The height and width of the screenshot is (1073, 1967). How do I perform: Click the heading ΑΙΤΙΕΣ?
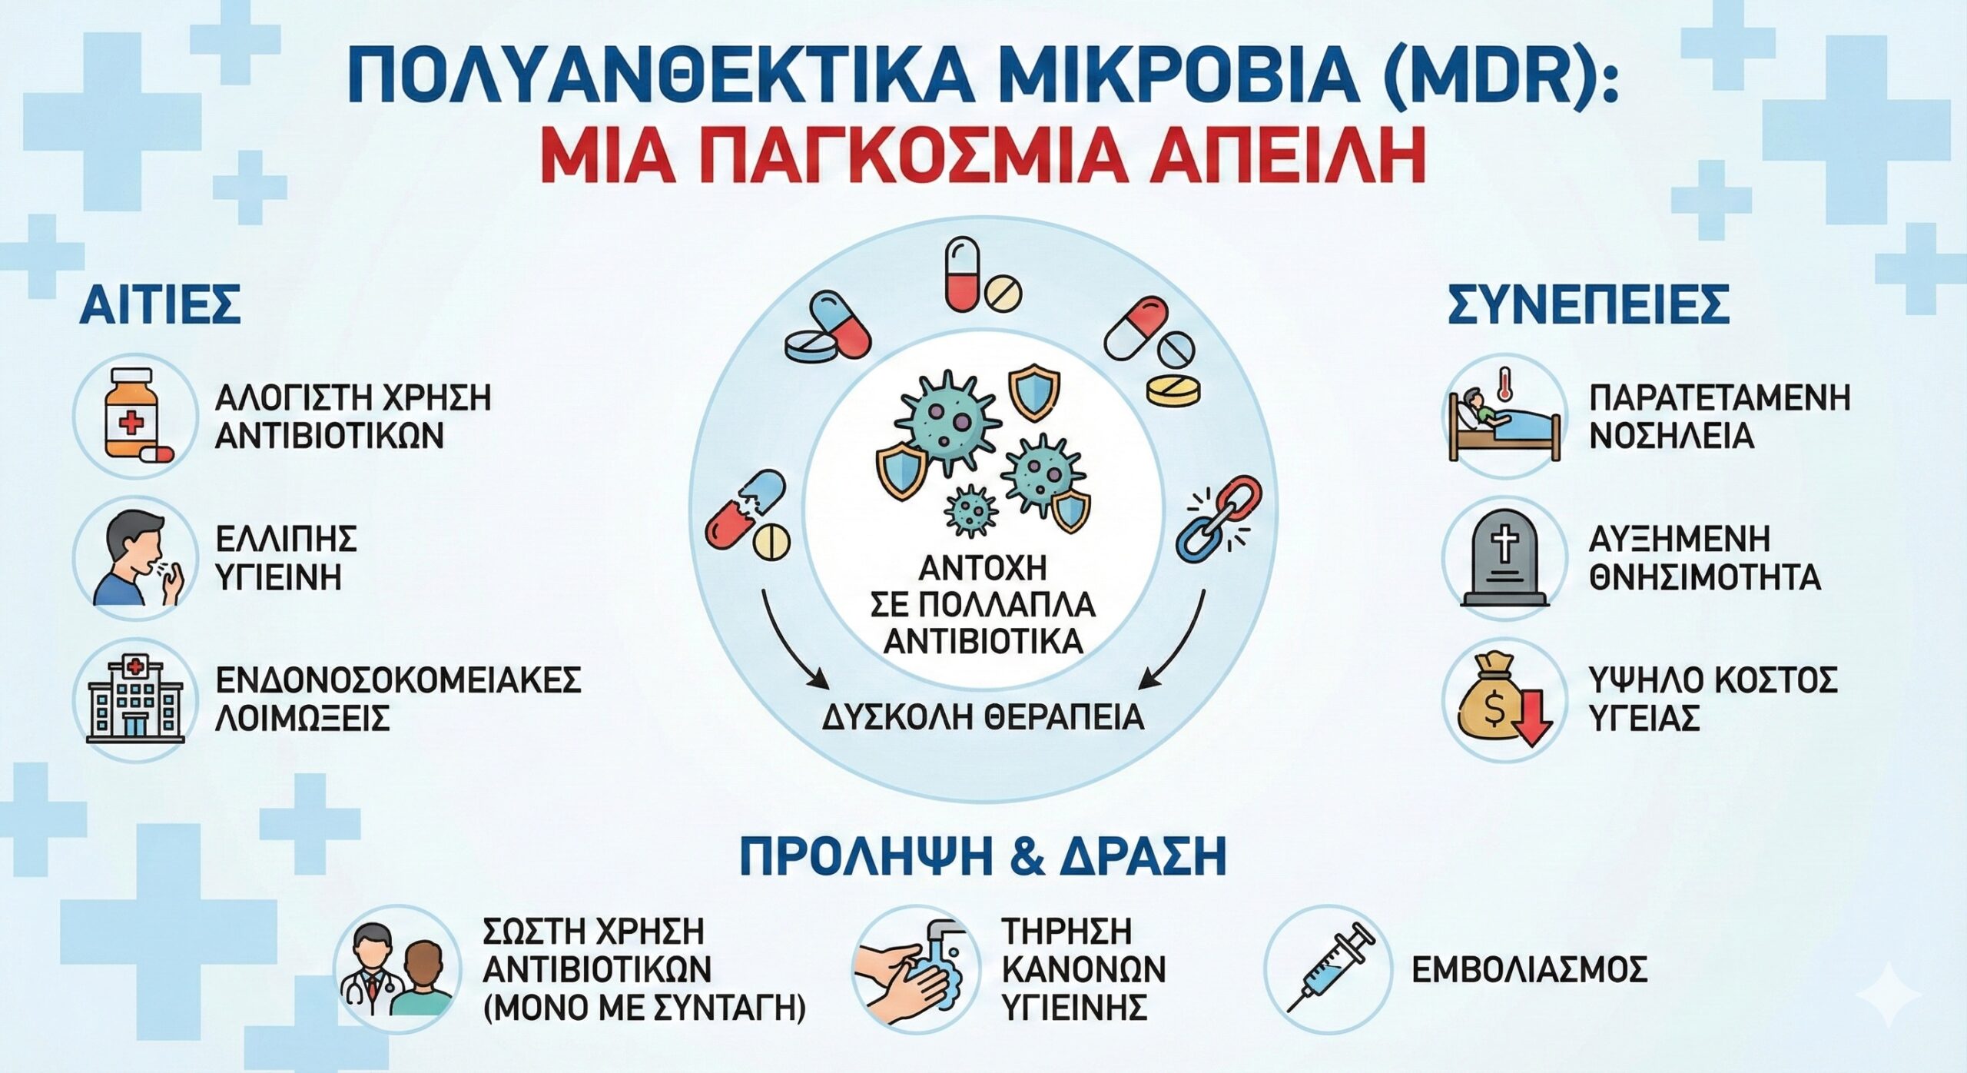pos(160,304)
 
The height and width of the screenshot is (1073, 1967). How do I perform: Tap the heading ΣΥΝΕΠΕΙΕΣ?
pos(1589,304)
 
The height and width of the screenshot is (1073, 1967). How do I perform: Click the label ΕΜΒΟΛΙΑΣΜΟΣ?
pos(1530,970)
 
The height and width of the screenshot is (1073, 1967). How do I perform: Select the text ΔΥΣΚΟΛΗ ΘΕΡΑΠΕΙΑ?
pos(983,716)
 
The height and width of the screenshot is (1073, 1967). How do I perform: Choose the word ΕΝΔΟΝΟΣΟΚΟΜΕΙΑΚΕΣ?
pos(398,680)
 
